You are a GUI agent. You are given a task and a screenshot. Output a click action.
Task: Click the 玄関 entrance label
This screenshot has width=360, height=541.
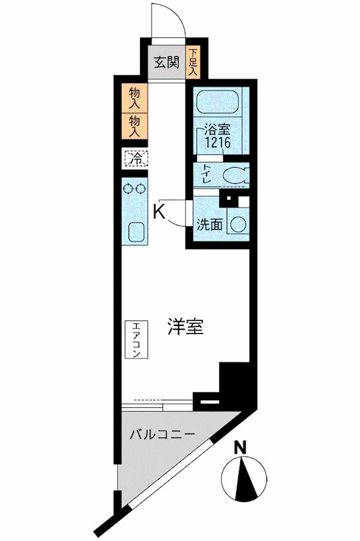(166, 63)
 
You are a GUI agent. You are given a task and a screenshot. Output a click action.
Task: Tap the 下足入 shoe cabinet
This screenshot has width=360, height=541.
(194, 62)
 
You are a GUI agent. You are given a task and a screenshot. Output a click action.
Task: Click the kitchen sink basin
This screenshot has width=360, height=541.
(134, 233)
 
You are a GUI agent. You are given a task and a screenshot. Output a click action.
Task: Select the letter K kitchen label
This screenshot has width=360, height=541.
(159, 212)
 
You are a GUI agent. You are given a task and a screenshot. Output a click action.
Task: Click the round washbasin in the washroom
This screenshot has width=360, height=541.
(238, 224)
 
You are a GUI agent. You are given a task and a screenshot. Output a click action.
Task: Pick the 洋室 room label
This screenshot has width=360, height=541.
(185, 327)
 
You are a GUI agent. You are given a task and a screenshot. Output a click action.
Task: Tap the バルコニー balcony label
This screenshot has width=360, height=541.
(162, 433)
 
